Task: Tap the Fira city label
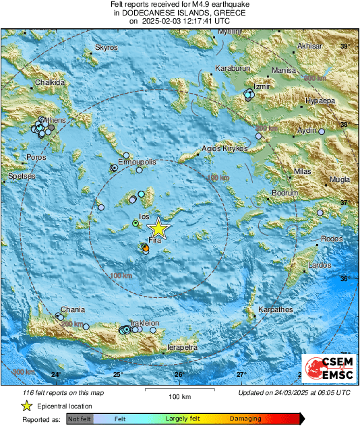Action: pos(154,241)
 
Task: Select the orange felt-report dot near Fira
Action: pos(145,249)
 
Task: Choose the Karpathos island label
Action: pos(274,310)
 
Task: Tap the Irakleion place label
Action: pos(144,323)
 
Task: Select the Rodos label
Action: pos(332,239)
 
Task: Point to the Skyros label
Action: pos(107,48)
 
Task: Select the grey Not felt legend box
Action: pos(80,419)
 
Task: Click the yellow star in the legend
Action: pos(26,406)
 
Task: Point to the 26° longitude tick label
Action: pos(179,375)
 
